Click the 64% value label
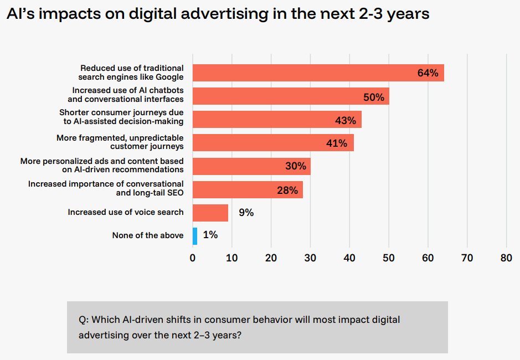pos(428,73)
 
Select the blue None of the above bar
pos(195,236)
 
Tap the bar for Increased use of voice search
pos(210,213)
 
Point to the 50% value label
pos(373,97)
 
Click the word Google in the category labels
pos(169,77)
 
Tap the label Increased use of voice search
pos(126,212)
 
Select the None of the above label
pos(148,235)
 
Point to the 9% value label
pos(246,212)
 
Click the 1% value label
pos(210,235)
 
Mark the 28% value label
pos(287,191)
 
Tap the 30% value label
pos(295,166)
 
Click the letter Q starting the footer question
pos(83,320)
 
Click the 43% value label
pos(346,120)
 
